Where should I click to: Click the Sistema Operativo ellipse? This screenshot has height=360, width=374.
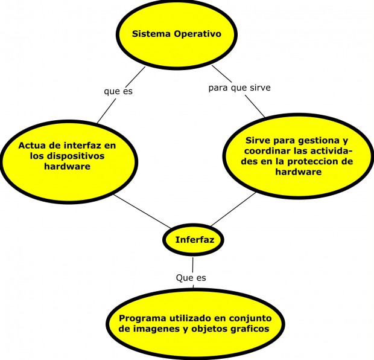tap(176, 33)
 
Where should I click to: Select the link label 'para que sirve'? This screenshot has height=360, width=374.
tap(239, 88)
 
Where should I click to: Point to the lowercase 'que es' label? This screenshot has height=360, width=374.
tap(118, 92)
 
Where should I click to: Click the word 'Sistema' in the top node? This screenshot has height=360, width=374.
tap(151, 34)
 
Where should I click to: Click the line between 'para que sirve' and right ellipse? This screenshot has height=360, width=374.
tap(254, 106)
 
